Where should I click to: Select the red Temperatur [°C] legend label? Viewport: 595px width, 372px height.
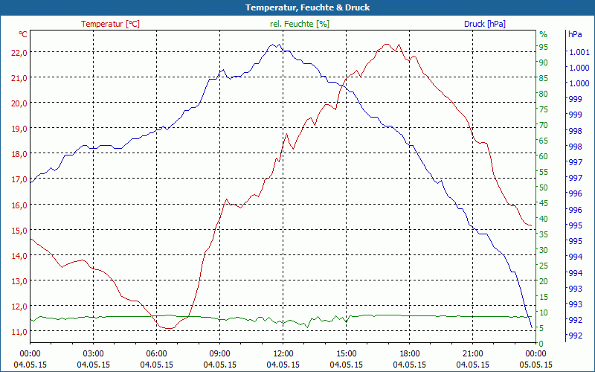click(110, 24)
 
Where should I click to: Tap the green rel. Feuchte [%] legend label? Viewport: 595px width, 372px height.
click(299, 24)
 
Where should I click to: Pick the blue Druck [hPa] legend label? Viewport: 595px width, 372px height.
click(484, 24)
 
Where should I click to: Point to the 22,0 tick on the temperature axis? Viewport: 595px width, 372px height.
click(18, 52)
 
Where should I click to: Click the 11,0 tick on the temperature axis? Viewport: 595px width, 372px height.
click(18, 331)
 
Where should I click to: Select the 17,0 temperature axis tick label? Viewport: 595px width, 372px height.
click(18, 179)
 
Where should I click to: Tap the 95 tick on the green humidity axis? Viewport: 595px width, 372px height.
click(544, 47)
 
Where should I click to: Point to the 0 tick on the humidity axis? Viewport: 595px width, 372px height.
click(541, 343)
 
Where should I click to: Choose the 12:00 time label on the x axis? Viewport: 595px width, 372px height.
click(283, 353)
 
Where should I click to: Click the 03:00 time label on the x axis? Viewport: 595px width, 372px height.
click(93, 353)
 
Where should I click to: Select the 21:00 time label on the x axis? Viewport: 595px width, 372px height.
click(472, 353)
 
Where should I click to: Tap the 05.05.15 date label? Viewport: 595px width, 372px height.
click(535, 365)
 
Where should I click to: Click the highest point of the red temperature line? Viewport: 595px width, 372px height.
click(387, 44)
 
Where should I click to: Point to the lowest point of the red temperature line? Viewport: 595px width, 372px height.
click(167, 328)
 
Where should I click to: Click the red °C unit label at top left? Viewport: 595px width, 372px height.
click(23, 34)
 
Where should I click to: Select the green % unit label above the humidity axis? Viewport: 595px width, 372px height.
click(543, 34)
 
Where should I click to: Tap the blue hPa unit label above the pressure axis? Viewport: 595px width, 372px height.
click(575, 34)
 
